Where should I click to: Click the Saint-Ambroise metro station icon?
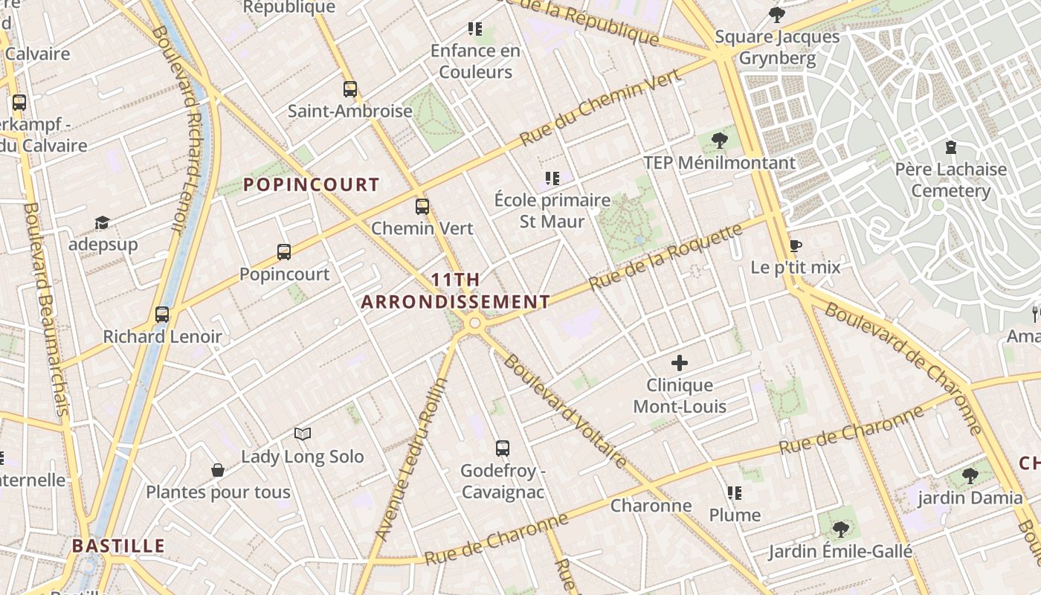[350, 89]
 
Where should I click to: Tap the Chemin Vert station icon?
[422, 207]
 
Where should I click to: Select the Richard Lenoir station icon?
[162, 315]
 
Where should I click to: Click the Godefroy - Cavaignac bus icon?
[503, 448]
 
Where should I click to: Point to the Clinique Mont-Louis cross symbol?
[680, 363]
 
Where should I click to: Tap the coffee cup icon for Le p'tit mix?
[795, 245]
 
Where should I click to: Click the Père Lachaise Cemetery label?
[950, 180]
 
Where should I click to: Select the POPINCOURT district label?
[312, 185]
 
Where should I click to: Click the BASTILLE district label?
[118, 546]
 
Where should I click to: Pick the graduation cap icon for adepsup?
[102, 223]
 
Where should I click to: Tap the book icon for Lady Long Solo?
[302, 434]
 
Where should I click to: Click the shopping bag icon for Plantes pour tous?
[218, 470]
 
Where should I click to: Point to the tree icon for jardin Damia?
[970, 475]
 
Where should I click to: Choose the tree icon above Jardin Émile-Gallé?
[840, 529]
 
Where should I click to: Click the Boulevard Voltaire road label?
[565, 411]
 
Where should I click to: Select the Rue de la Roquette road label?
[665, 257]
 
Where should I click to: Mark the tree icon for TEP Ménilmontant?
[719, 140]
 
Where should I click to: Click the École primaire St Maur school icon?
[552, 178]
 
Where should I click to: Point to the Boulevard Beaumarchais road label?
[46, 309]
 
